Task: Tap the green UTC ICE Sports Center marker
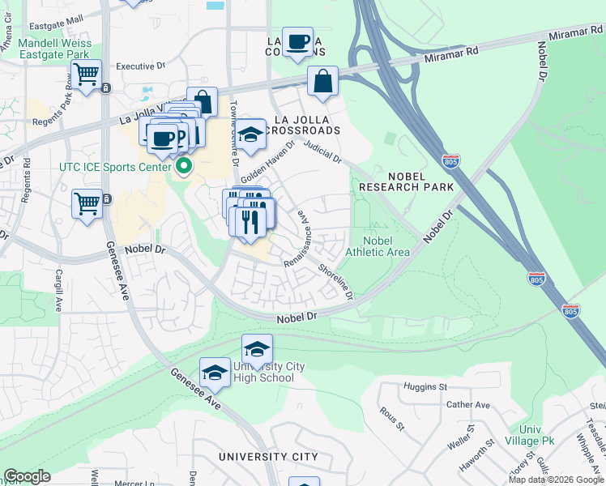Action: (x=184, y=167)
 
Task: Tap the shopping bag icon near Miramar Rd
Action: (x=322, y=81)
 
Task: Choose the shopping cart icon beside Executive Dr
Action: (x=86, y=75)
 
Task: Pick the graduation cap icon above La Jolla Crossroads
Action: (x=250, y=134)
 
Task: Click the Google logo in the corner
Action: (x=28, y=476)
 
